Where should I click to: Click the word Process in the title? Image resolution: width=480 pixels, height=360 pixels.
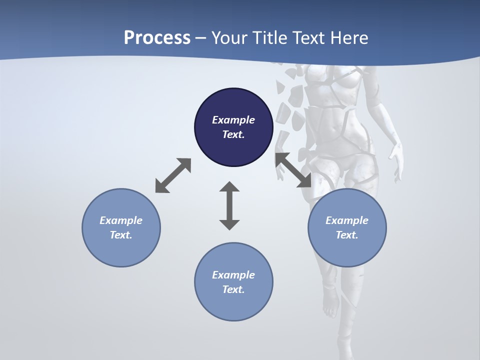(157, 38)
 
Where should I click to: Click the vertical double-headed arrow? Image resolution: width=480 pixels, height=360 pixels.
(229, 206)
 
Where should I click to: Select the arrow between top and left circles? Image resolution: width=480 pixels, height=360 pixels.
(173, 175)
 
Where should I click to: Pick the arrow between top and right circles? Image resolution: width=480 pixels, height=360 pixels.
(293, 170)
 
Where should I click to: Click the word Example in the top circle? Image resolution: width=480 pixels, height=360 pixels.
(233, 120)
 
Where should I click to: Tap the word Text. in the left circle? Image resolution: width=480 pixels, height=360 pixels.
(121, 235)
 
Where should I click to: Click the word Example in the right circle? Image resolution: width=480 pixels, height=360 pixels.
(347, 220)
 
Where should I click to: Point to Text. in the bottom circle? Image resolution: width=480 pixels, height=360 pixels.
(233, 289)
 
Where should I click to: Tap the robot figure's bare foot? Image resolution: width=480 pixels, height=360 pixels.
(330, 305)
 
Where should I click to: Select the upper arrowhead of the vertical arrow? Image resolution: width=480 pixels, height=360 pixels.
(229, 187)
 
